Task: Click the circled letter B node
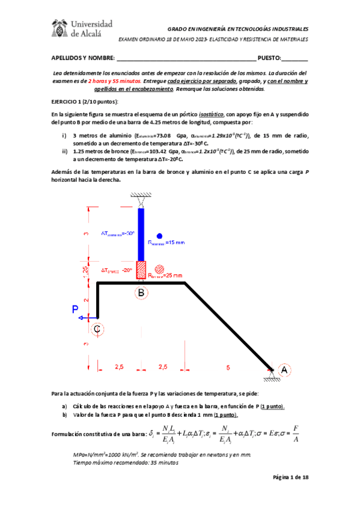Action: (x=141, y=293)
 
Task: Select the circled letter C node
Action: (x=97, y=328)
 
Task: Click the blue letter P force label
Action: (x=76, y=309)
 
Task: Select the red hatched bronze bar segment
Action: (x=141, y=270)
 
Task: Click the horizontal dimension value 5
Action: (x=228, y=366)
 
